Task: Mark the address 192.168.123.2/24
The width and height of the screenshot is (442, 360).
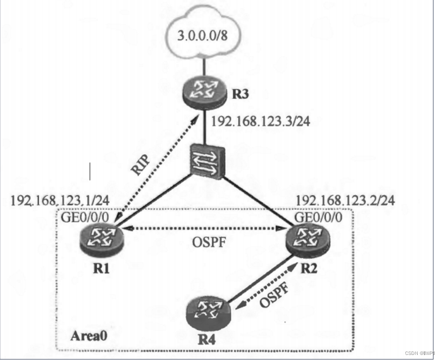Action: (346, 200)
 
